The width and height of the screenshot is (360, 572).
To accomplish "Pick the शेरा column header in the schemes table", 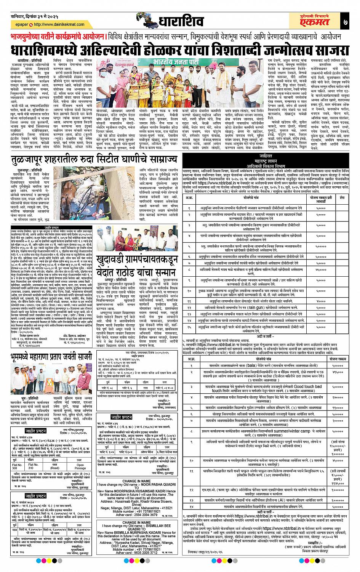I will click(342, 197).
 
